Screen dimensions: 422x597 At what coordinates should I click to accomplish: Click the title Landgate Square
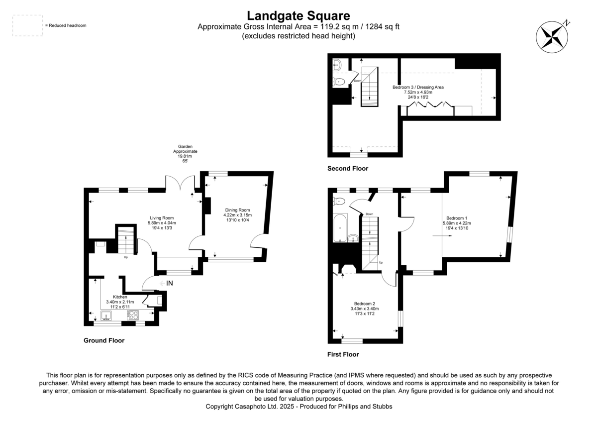click(x=298, y=16)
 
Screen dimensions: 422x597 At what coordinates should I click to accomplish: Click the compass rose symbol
click(x=551, y=36)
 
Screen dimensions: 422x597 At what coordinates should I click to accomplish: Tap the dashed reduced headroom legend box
click(x=27, y=25)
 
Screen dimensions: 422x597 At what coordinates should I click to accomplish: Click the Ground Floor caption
click(x=104, y=341)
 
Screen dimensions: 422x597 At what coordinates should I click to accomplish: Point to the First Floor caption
click(x=343, y=355)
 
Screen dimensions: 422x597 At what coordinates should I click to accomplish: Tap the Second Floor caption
click(x=347, y=169)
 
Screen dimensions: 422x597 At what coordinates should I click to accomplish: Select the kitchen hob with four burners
click(x=133, y=316)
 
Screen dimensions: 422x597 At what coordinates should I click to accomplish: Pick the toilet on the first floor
click(x=340, y=201)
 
